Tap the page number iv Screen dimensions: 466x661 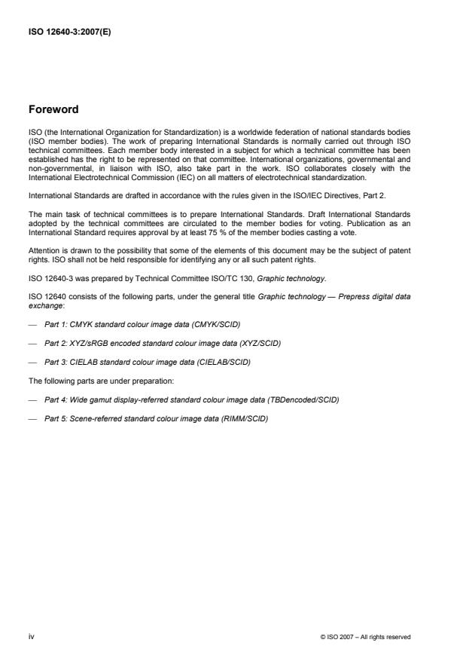pos(32,637)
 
